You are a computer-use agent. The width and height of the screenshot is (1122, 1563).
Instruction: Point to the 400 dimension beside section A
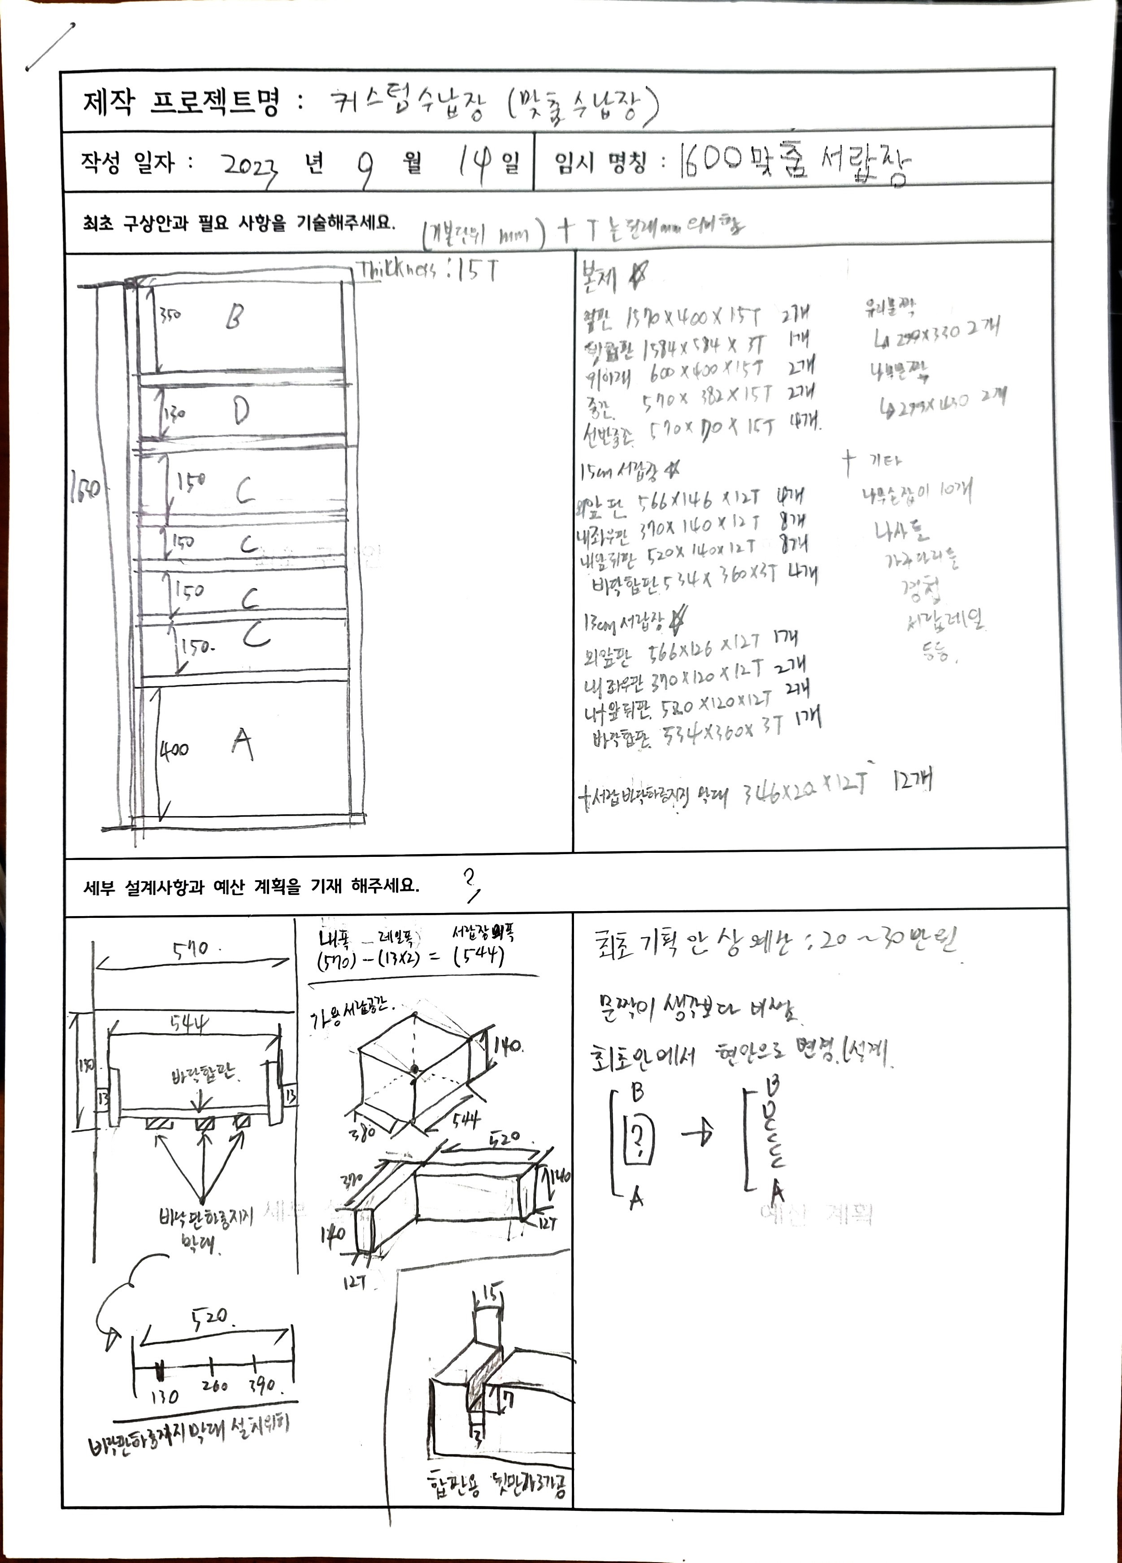(x=174, y=748)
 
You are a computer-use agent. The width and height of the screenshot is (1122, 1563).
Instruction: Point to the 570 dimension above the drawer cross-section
(x=189, y=950)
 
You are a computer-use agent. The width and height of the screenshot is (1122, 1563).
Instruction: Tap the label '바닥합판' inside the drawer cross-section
(x=203, y=1073)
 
